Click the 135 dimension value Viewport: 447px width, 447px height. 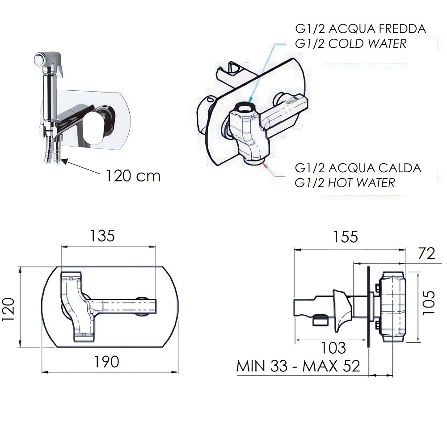pos(102,236)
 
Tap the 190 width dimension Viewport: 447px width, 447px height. pos(106,362)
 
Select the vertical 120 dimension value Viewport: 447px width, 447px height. pos(8,309)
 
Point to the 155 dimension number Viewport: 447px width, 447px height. pos(345,237)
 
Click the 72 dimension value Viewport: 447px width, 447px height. pos(426,253)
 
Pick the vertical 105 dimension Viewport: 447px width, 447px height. pos(429,303)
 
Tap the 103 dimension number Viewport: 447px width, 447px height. pos(333,348)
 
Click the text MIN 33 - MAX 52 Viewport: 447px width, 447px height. pos(298,366)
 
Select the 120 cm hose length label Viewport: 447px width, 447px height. pos(133,176)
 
